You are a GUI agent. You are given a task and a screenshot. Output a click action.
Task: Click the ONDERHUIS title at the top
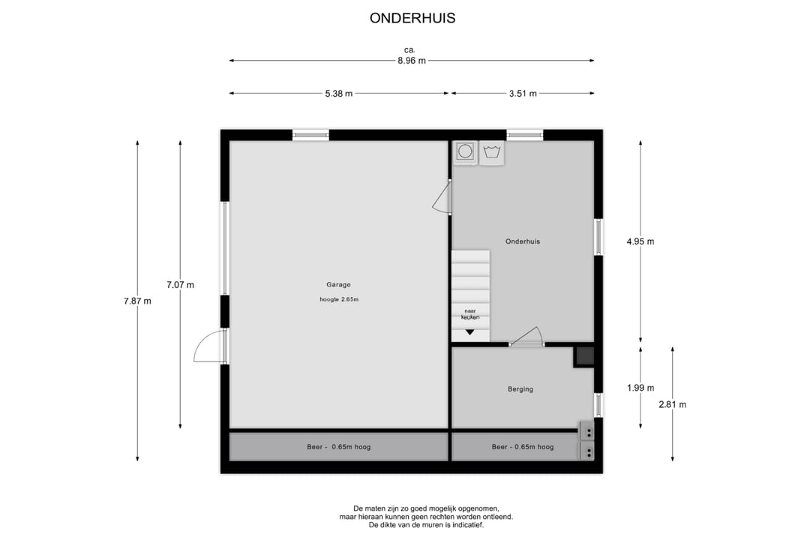412,18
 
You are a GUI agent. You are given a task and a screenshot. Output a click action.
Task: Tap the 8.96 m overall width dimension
412,61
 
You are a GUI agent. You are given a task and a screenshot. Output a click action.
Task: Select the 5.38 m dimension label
339,94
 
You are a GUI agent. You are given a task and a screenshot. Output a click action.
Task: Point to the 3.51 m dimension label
523,94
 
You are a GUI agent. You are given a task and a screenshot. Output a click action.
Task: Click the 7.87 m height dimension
137,301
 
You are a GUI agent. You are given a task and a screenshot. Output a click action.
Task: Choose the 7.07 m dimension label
180,285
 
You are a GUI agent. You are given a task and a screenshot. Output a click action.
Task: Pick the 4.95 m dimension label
640,241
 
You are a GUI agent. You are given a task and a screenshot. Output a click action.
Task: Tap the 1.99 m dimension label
640,388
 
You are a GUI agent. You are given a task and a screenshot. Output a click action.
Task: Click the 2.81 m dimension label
673,404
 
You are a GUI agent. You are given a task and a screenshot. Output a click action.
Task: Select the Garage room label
338,285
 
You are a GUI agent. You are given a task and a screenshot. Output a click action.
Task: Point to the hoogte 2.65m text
339,299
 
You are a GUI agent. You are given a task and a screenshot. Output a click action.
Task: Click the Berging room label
520,389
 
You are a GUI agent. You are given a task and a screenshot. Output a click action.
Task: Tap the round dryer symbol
465,151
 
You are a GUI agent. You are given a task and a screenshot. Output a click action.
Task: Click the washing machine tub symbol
492,152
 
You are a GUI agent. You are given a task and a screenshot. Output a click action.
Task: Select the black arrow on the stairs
469,332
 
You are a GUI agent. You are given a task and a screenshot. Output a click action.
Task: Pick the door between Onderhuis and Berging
527,339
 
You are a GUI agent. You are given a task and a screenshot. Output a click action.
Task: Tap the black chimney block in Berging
585,356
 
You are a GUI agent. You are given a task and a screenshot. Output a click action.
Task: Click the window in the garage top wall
310,136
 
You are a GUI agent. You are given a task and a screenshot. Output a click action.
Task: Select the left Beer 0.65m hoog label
339,447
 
